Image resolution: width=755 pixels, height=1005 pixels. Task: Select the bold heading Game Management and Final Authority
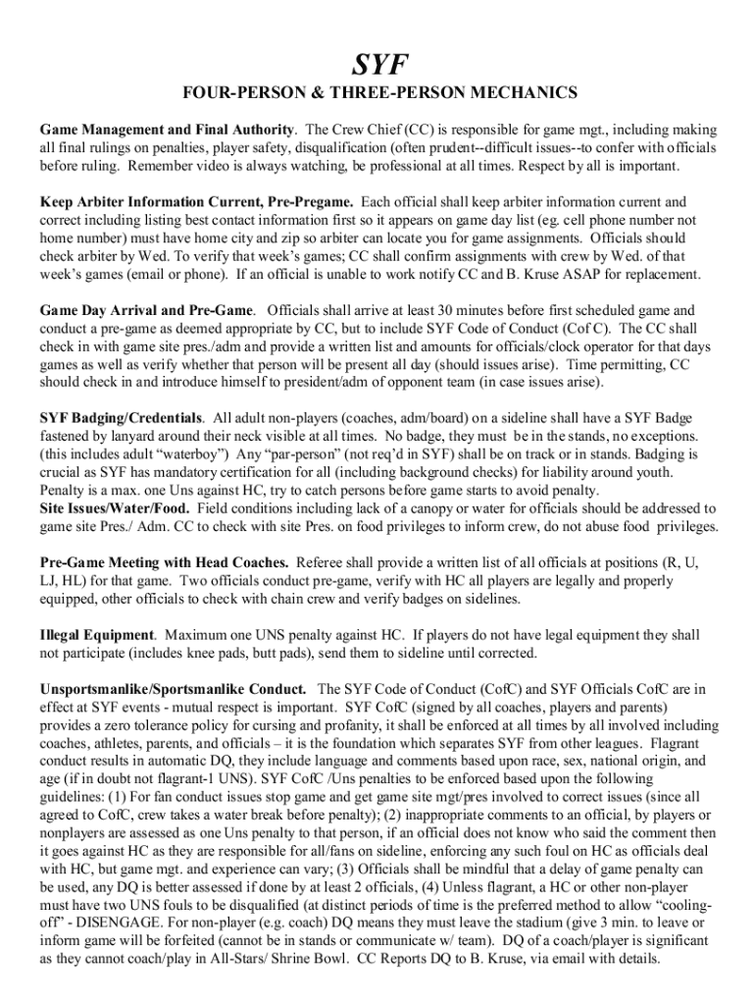point(168,130)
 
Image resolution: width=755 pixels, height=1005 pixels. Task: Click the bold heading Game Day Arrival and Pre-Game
point(148,310)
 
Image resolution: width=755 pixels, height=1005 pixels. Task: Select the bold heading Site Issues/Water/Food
point(115,508)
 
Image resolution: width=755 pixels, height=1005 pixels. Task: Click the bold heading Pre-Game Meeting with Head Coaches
point(164,562)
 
